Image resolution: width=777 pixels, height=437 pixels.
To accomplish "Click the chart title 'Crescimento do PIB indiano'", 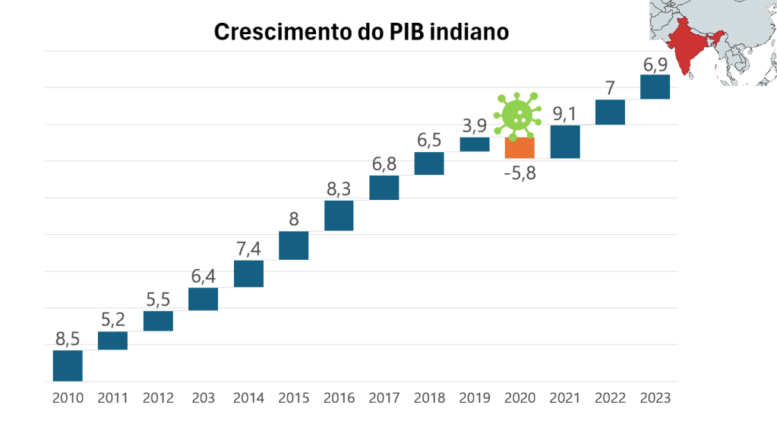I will click(x=361, y=32).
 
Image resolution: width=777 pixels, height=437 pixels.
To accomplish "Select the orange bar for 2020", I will click(x=520, y=147).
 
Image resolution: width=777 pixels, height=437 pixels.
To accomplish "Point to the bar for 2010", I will click(x=68, y=366).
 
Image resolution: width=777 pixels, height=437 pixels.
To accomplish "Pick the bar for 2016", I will click(x=339, y=215).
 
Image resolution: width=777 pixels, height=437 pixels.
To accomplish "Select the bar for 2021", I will click(x=565, y=141).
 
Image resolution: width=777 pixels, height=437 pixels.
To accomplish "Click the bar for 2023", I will click(x=655, y=87).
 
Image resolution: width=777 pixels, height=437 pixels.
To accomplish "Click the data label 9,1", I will click(x=564, y=114).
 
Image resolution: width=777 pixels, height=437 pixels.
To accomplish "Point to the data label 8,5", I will click(x=68, y=338).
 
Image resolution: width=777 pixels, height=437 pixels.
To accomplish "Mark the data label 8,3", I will click(x=339, y=188).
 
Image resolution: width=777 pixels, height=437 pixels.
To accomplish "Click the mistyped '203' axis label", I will click(x=204, y=397).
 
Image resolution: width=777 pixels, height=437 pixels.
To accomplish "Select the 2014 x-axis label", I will click(x=248, y=397).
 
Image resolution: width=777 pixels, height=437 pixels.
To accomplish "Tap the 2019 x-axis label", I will click(x=475, y=397).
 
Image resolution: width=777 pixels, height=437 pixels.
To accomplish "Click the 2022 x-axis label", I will click(x=610, y=397).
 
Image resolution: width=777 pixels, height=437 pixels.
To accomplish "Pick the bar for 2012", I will click(x=158, y=321).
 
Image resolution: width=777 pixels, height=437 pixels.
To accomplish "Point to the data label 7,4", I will click(x=248, y=249).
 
